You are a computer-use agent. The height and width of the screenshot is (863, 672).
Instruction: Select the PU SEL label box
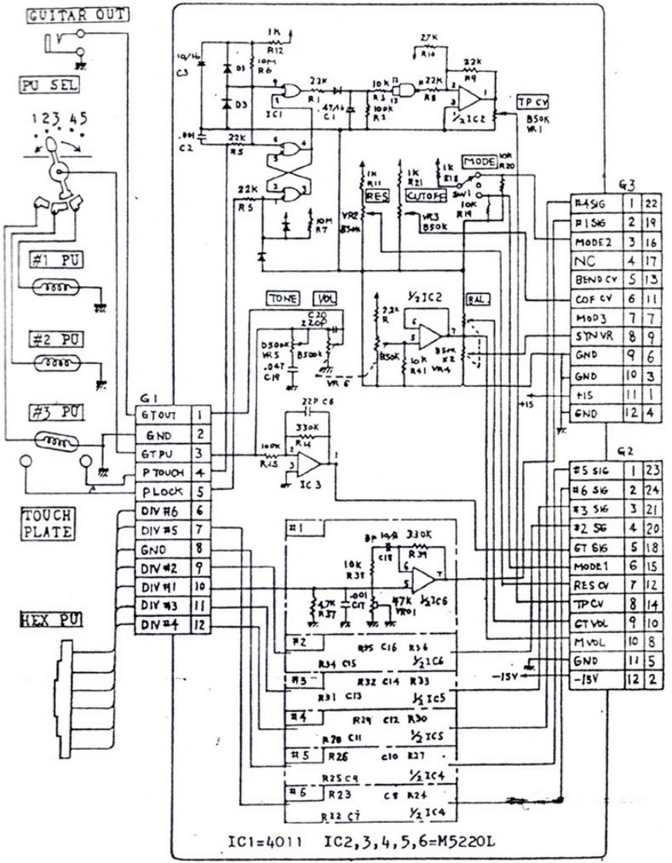(x=47, y=86)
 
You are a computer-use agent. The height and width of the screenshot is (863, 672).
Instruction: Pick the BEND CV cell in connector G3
(x=593, y=278)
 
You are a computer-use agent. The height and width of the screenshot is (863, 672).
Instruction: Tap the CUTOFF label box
(x=422, y=197)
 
